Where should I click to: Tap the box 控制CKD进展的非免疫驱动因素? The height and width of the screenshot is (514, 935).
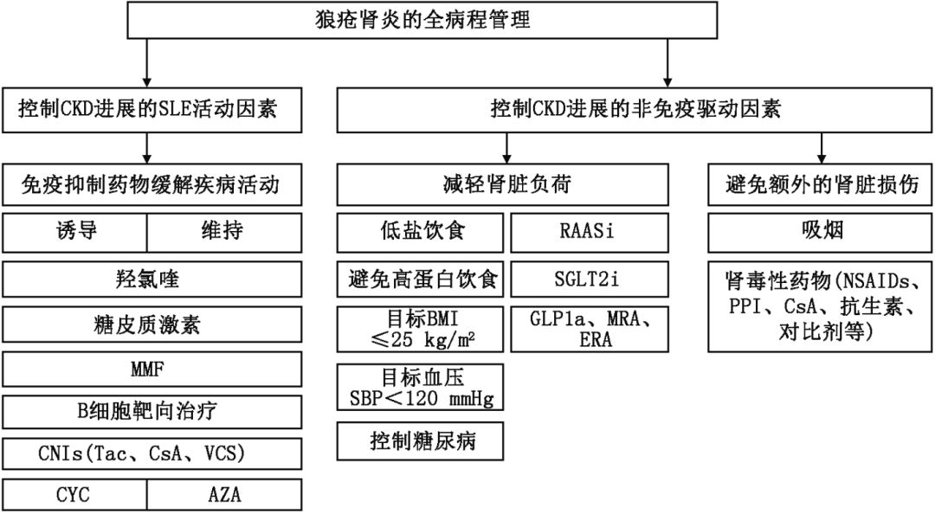(635, 109)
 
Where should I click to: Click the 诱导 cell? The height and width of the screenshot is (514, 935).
(74, 230)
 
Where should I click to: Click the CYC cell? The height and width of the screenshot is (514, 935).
(74, 495)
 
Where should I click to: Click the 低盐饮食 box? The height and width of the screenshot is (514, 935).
(420, 230)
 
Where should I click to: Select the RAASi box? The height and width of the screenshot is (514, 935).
(589, 230)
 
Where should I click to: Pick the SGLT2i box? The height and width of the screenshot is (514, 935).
(589, 279)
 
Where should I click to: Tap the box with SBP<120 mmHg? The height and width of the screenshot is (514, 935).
(420, 388)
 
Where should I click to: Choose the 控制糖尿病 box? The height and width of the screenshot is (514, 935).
(420, 440)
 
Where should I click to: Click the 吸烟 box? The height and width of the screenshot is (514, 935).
(821, 230)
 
